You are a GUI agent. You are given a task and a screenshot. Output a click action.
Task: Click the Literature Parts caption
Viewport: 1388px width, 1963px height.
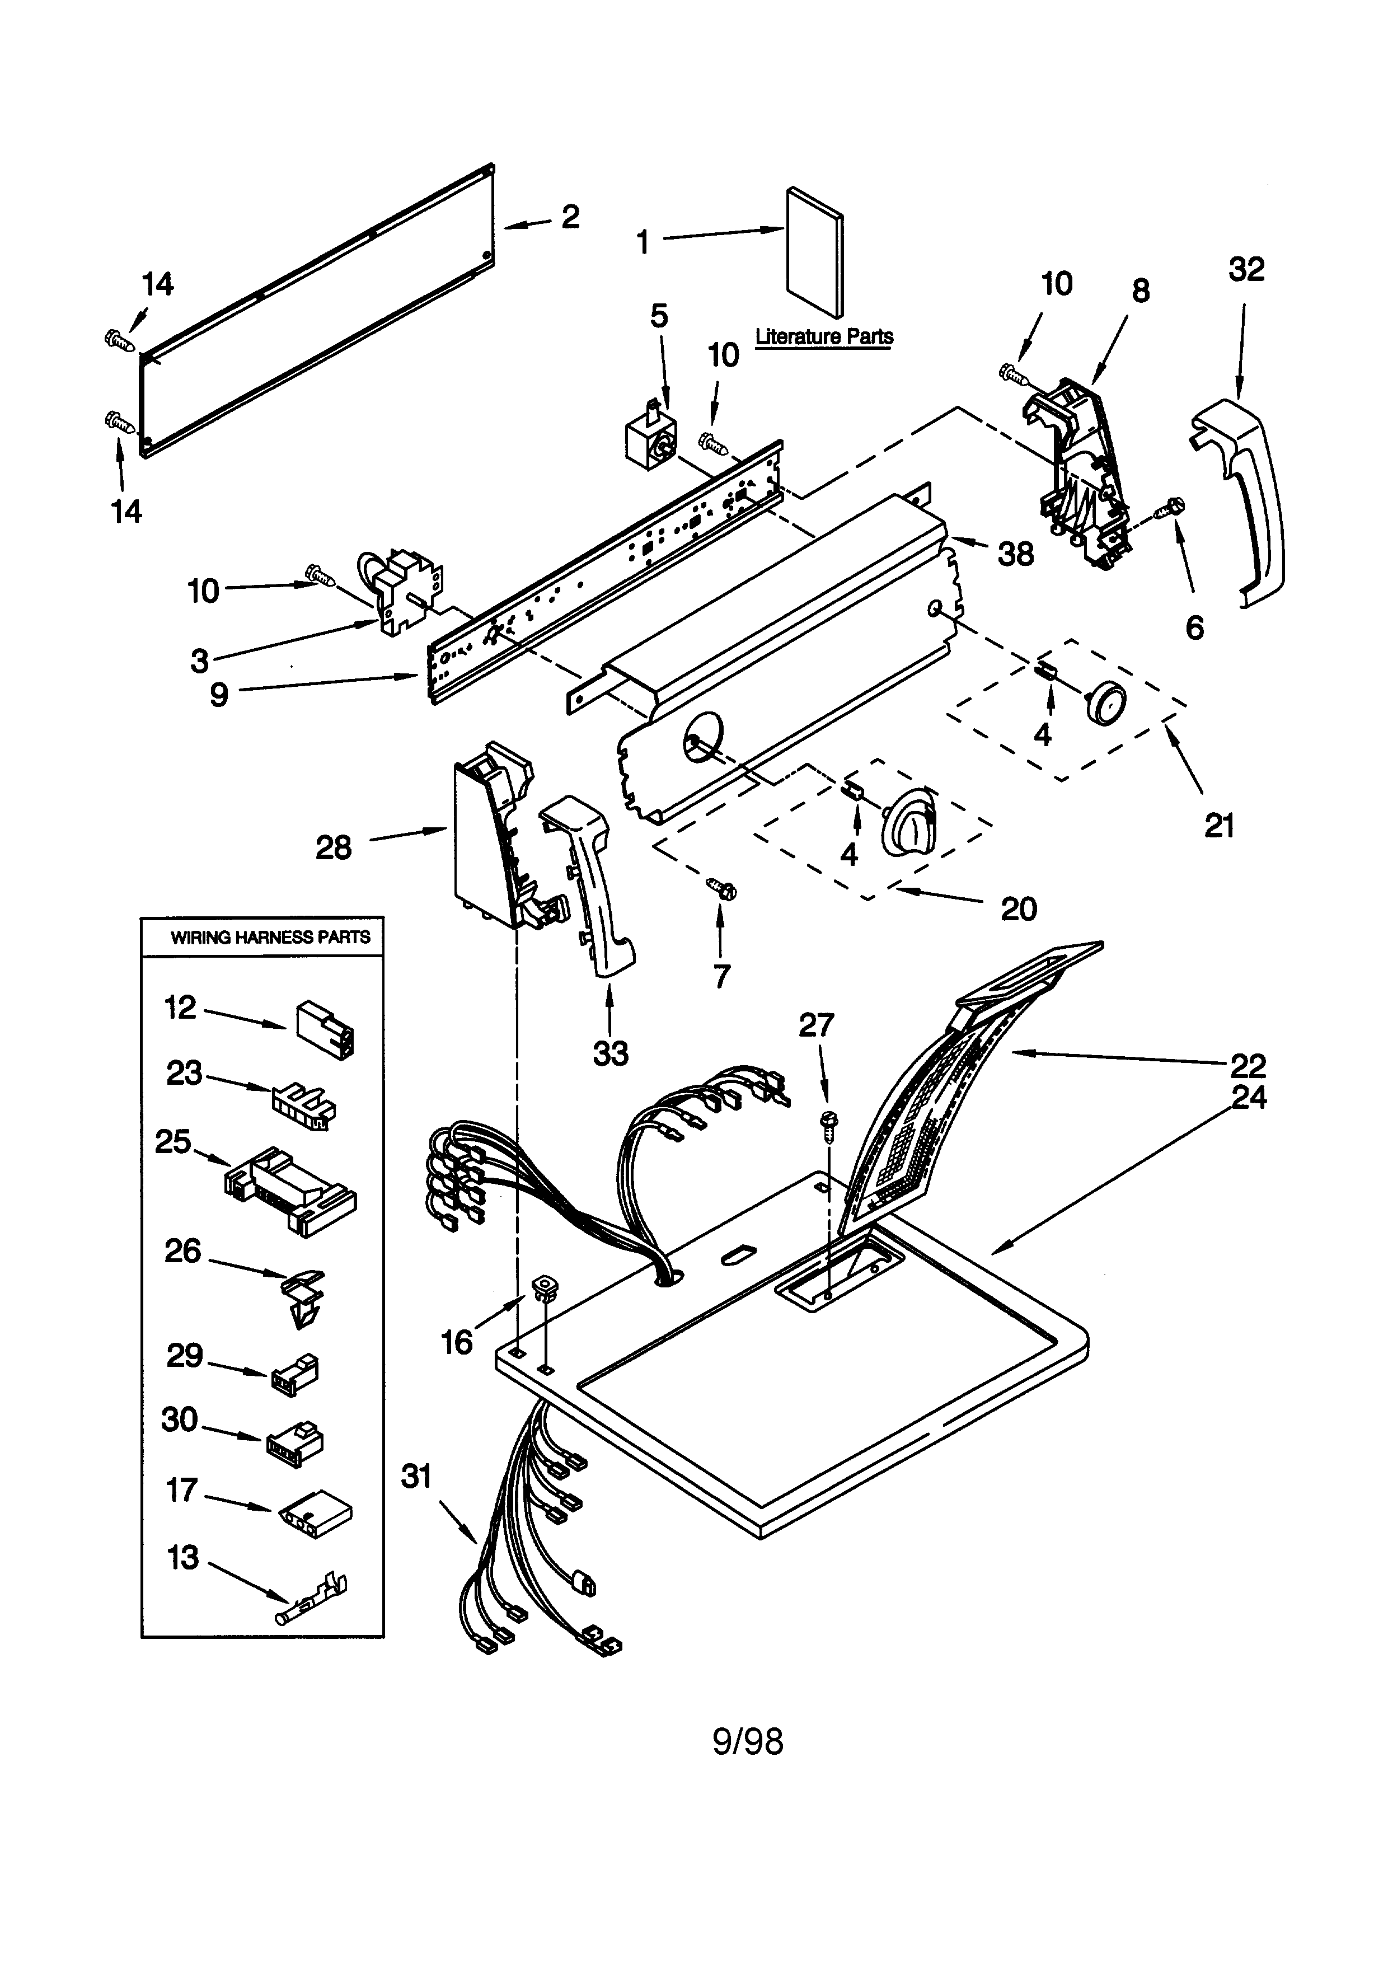click(x=824, y=337)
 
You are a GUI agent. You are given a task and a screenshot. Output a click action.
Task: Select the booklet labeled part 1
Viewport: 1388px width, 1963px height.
click(x=814, y=252)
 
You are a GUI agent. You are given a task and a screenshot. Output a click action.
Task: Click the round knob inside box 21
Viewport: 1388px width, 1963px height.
click(x=1105, y=703)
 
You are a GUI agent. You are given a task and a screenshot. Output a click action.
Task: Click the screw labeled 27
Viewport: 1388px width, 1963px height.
click(x=827, y=1123)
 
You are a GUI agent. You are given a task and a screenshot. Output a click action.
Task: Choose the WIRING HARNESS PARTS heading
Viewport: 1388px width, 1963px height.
click(x=270, y=937)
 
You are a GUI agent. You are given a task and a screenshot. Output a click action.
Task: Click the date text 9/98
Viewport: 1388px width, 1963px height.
click(x=748, y=1741)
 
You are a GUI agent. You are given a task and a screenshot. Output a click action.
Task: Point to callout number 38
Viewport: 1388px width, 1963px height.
click(x=1015, y=554)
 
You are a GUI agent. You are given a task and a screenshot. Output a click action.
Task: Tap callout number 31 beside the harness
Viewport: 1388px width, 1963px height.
click(x=416, y=1477)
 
